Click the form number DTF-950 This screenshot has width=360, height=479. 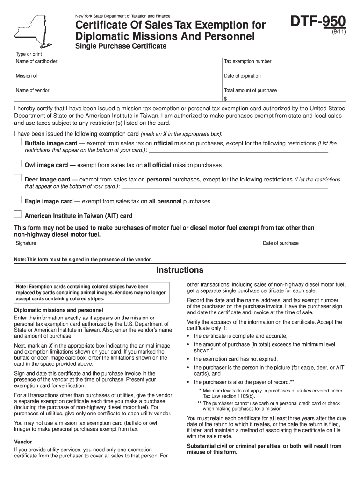click(x=318, y=22)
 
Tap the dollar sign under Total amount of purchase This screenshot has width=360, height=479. click(x=225, y=99)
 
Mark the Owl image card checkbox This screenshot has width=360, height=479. click(x=18, y=164)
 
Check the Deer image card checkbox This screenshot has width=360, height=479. click(x=18, y=178)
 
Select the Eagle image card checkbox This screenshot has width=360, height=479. click(x=18, y=200)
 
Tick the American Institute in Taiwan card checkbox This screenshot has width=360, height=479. click(x=18, y=215)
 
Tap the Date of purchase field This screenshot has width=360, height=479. click(x=303, y=247)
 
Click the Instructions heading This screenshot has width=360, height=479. click(x=180, y=270)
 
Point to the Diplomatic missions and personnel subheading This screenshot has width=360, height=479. click(x=59, y=310)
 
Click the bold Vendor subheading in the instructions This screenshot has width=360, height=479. click(x=23, y=442)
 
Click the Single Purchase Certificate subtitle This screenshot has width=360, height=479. click(x=121, y=46)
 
